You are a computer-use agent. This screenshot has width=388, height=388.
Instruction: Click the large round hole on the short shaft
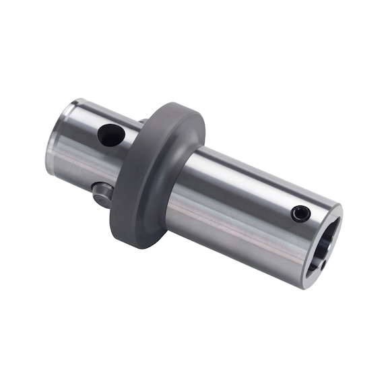click(108, 135)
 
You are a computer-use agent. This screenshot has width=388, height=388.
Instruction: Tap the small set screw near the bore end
click(301, 214)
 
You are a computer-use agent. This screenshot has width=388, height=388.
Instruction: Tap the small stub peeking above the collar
click(143, 122)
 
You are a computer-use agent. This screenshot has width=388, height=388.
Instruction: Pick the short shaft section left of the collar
click(84, 152)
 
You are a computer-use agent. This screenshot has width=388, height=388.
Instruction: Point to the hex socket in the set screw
click(301, 214)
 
